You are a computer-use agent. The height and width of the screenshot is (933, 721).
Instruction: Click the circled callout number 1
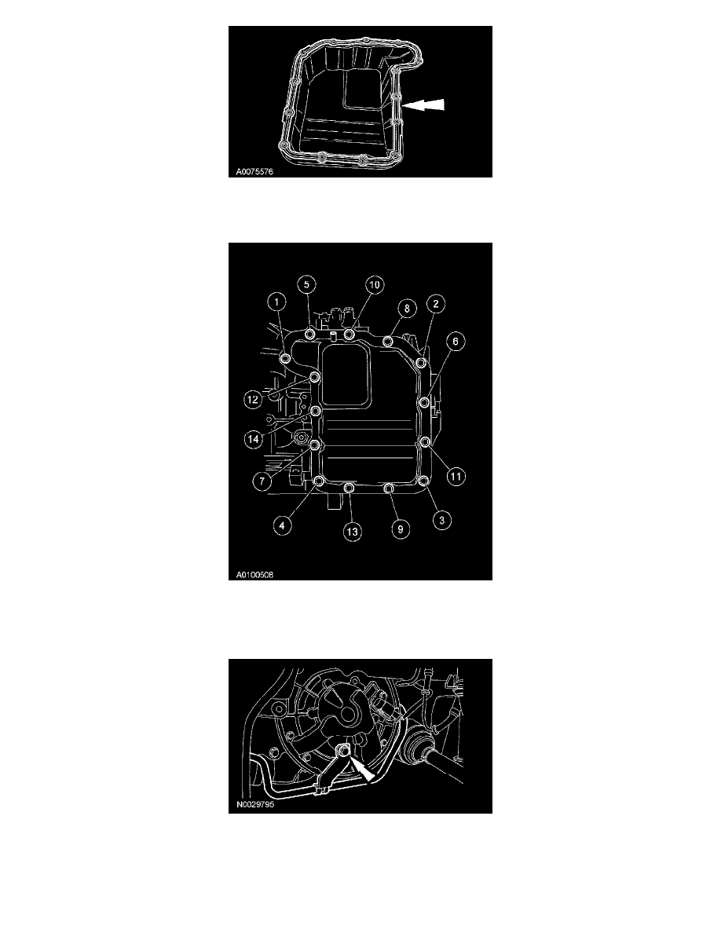[277, 302]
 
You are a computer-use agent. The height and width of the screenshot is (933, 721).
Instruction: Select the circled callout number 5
[306, 284]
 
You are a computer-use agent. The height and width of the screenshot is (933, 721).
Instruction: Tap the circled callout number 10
[375, 285]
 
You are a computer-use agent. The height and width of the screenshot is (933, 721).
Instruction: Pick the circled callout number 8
[407, 308]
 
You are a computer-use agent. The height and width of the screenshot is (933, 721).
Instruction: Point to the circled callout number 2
[435, 304]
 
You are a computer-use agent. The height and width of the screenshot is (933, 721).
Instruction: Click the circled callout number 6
[456, 341]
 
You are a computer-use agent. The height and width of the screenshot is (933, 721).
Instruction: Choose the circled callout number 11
[456, 476]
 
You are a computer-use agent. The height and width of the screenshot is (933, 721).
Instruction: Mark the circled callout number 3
[441, 520]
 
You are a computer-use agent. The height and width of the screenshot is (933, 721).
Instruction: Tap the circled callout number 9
[401, 529]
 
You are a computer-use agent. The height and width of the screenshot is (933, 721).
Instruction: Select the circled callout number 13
[352, 531]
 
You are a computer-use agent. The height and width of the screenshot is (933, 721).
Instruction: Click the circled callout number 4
[282, 525]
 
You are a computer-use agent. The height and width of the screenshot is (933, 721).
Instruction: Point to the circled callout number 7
[262, 480]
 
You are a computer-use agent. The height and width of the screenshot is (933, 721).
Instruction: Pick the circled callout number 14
[254, 439]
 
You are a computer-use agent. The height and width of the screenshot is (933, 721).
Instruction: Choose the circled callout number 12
[253, 399]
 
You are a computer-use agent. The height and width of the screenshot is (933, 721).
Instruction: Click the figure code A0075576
[254, 172]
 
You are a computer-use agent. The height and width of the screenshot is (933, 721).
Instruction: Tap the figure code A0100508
[254, 575]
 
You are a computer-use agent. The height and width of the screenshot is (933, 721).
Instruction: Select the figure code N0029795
[255, 804]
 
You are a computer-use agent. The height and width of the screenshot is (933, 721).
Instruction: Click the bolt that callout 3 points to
[423, 481]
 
